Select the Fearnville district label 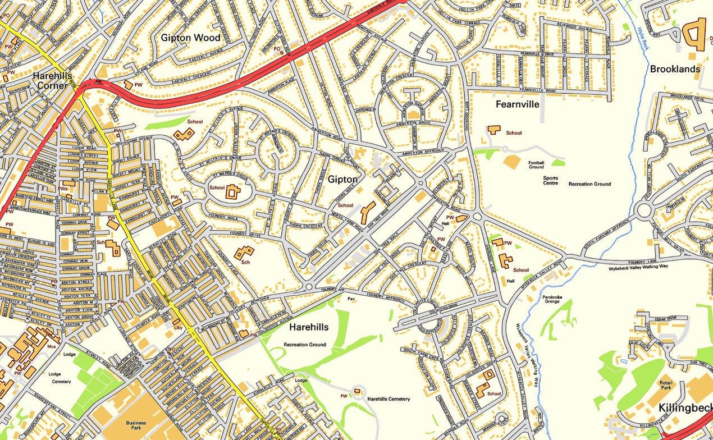[x=517, y=104]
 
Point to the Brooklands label [x=675, y=69]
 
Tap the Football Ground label [x=536, y=164]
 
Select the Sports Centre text [x=550, y=181]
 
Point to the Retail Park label [x=665, y=385]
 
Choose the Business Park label [x=136, y=426]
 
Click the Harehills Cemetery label [x=389, y=399]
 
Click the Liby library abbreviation [x=179, y=327]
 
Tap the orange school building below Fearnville [x=494, y=129]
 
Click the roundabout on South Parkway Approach [x=643, y=212]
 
